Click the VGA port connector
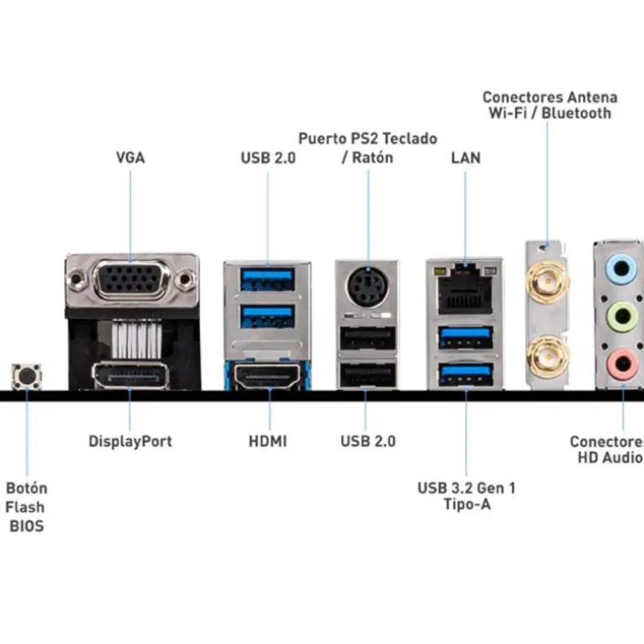tap(132, 279)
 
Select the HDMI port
tap(268, 378)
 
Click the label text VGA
tap(130, 157)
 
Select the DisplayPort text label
tap(130, 441)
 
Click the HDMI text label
tap(268, 441)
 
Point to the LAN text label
tap(466, 157)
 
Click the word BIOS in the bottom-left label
tap(26, 526)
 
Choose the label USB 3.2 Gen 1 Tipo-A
tap(466, 496)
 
